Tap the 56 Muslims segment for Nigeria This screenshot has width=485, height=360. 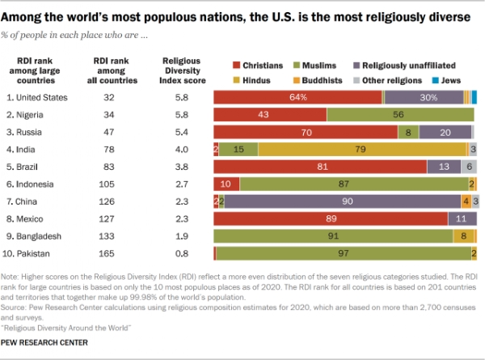[x=400, y=115]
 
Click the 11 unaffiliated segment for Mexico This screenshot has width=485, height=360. [x=462, y=218]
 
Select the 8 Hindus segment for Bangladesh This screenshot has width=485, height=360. [x=463, y=236]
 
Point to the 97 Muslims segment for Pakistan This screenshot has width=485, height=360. [x=344, y=253]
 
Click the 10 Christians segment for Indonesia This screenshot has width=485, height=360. [x=226, y=184]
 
